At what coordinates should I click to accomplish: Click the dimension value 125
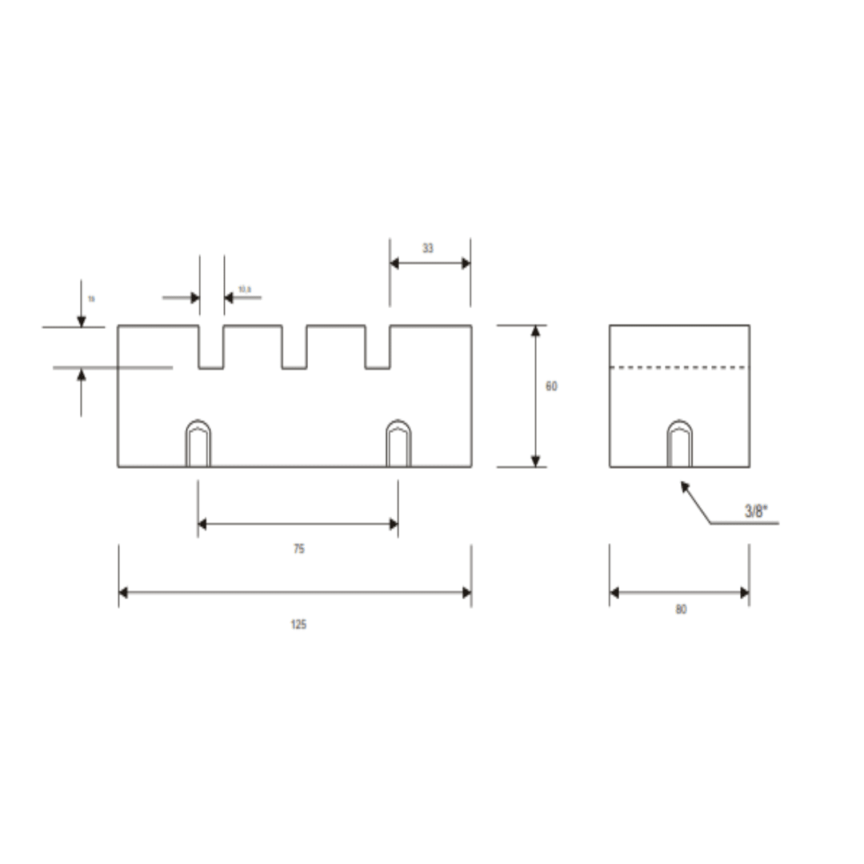298,624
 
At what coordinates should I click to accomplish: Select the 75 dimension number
298,550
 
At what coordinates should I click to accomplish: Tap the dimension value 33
428,249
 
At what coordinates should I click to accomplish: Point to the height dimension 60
551,386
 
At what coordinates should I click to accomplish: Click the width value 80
681,610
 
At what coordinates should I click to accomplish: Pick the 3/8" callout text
756,512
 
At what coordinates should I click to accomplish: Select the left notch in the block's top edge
211,348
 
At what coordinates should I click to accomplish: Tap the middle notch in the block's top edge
294,348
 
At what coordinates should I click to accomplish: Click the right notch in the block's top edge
378,348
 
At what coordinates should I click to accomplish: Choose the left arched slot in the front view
198,444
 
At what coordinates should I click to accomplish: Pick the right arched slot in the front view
398,444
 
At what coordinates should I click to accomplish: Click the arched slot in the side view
680,444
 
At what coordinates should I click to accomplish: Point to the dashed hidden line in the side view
679,368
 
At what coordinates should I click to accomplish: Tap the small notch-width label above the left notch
244,289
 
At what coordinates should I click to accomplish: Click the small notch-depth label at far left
91,298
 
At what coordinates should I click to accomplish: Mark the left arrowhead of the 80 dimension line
615,593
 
